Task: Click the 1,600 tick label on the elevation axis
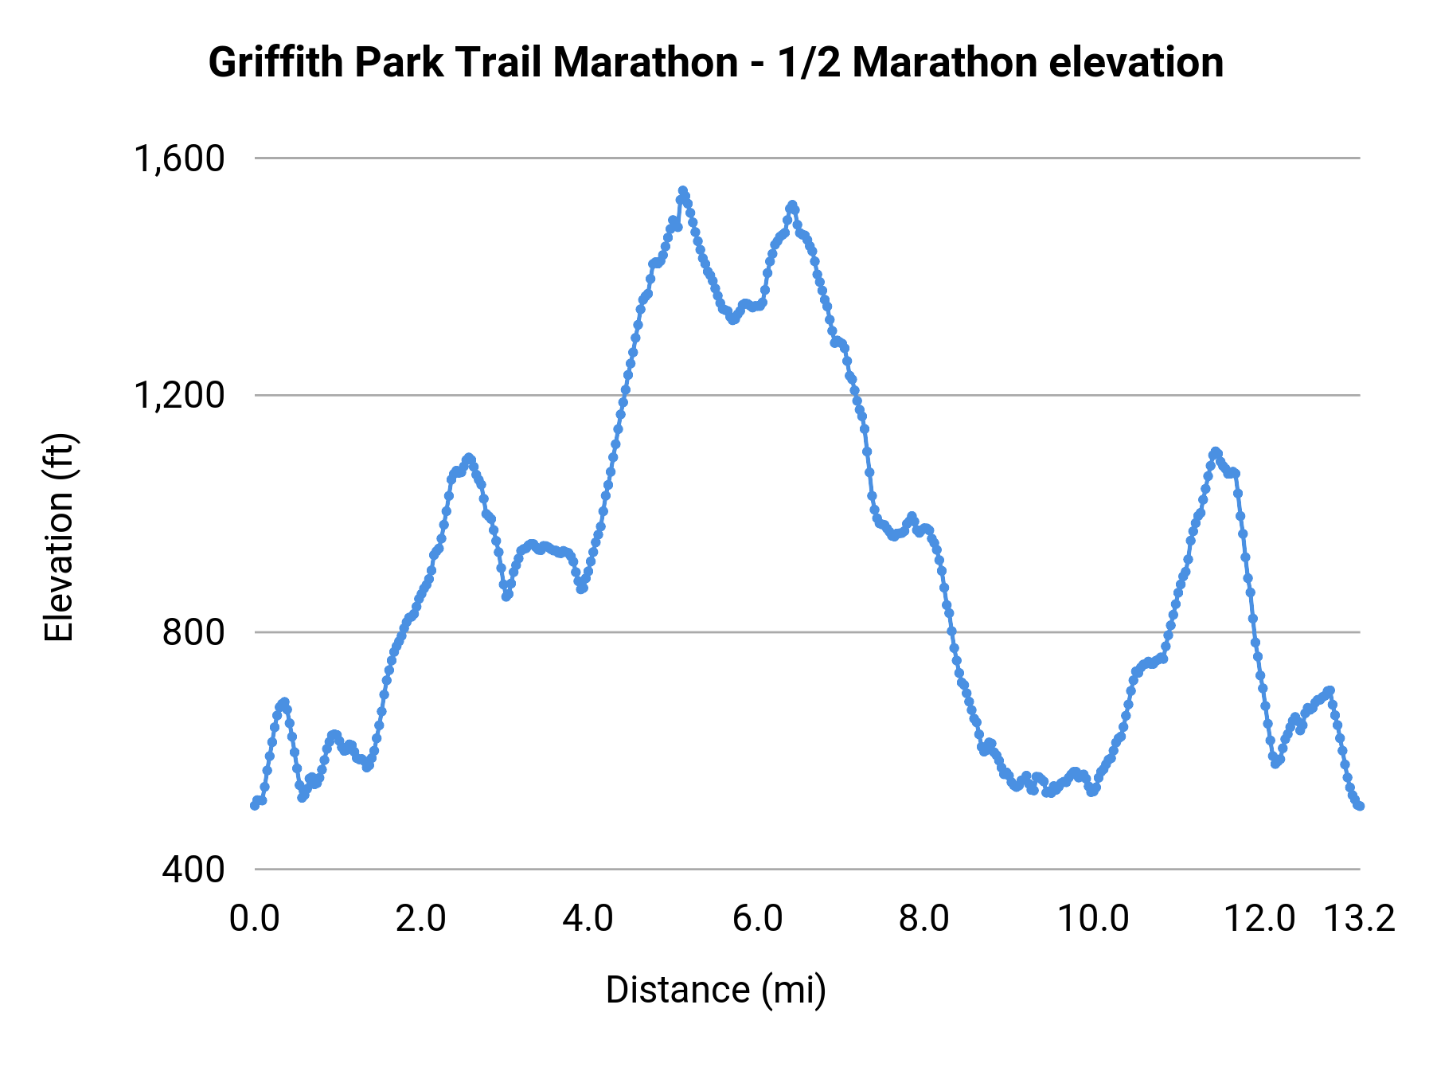coord(180,159)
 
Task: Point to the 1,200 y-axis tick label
coord(180,396)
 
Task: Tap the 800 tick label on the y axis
coord(194,633)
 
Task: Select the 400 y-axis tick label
coord(194,870)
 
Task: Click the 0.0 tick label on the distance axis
coord(255,919)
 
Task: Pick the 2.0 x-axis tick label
coord(421,919)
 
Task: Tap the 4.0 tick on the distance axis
coord(588,919)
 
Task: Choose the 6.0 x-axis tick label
coord(758,919)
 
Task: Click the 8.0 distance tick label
coord(924,919)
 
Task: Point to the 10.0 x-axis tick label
coord(1093,919)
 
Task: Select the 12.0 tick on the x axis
coord(1260,919)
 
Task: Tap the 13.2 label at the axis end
coord(1360,919)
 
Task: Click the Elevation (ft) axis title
coord(60,537)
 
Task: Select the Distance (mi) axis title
coord(716,991)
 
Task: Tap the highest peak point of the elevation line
coord(682,191)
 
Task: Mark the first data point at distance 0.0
coord(255,805)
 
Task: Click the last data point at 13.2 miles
coord(1360,806)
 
